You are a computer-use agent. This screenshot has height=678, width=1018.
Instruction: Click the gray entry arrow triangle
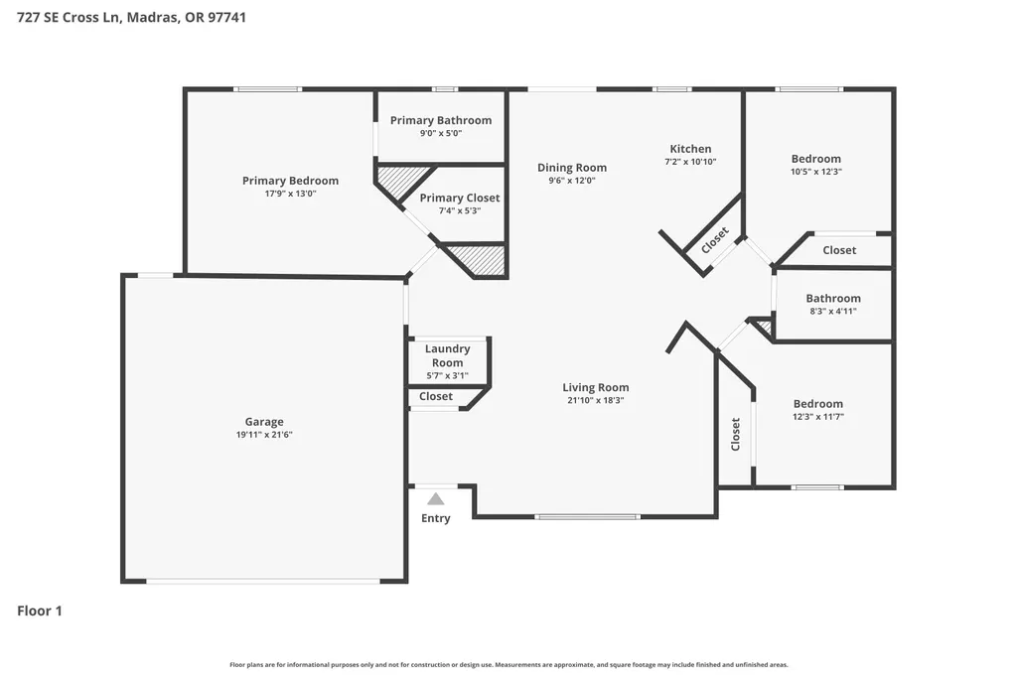(x=436, y=499)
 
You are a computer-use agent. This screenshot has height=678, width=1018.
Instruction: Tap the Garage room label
(x=264, y=422)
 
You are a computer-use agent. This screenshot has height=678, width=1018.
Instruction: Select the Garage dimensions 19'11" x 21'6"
(x=264, y=435)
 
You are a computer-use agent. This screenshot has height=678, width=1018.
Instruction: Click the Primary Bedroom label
(x=290, y=181)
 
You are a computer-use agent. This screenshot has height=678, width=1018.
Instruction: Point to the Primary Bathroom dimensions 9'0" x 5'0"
(x=441, y=133)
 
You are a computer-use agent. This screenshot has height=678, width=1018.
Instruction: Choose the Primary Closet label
(x=460, y=198)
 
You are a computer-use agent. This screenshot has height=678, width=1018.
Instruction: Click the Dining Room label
(x=572, y=168)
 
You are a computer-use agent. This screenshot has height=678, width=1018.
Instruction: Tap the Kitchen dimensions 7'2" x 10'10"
(x=690, y=162)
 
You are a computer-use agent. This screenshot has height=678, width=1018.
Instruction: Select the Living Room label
(x=595, y=387)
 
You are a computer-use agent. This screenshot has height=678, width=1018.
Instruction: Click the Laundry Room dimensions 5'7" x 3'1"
(x=447, y=375)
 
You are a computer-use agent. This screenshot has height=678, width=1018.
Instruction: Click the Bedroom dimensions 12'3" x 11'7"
(x=818, y=417)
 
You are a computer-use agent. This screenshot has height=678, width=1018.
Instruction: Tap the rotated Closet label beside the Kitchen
(x=715, y=240)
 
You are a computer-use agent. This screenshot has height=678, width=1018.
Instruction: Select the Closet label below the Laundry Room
(x=436, y=396)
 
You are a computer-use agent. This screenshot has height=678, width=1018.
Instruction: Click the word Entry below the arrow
(x=436, y=518)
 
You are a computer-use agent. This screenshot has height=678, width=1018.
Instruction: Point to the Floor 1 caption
(x=40, y=610)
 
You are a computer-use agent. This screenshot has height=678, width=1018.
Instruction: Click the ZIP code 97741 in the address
(x=226, y=18)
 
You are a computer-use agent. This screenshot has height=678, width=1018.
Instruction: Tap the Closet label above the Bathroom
(x=839, y=250)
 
